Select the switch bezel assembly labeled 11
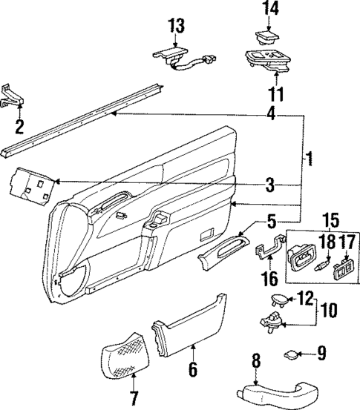click(x=269, y=61)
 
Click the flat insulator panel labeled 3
click(x=30, y=186)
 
